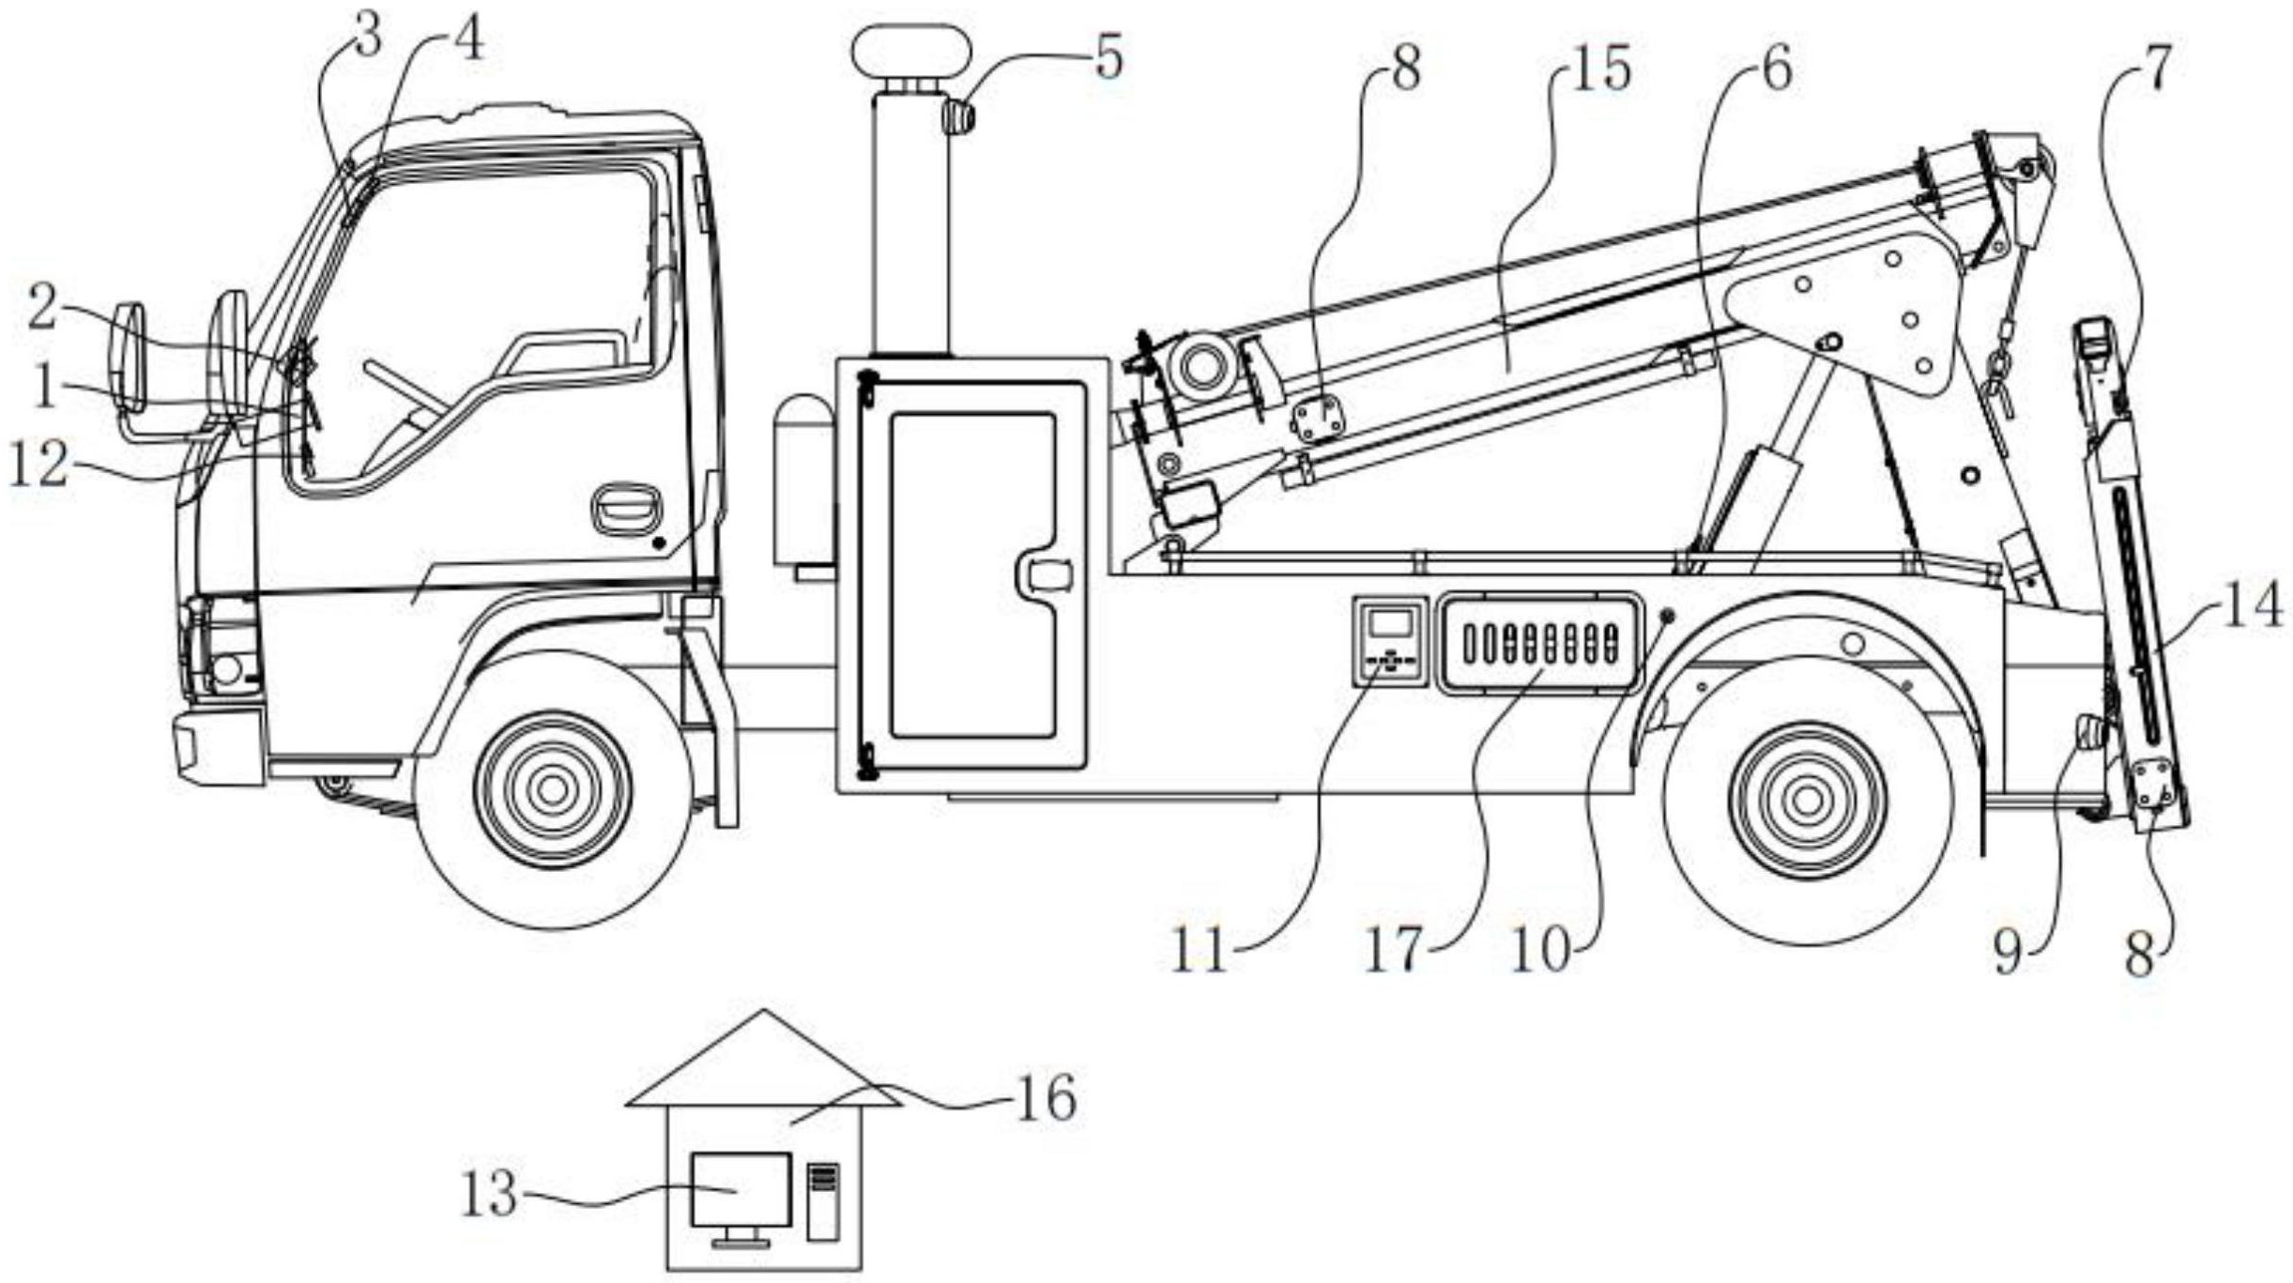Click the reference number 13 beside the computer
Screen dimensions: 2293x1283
tap(489, 1195)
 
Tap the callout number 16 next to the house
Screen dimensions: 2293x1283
tap(1046, 1099)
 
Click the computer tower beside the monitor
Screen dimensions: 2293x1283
tap(822, 1202)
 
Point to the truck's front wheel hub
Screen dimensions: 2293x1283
tap(553, 790)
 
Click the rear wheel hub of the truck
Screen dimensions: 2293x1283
tap(1807, 800)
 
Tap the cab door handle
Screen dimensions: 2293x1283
tap(626, 510)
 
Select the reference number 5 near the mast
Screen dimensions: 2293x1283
tap(1108, 58)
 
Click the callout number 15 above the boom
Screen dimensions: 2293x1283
tap(1600, 70)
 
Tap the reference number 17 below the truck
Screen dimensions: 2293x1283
tap(1393, 952)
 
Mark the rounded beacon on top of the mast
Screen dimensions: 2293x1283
tap(910, 53)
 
